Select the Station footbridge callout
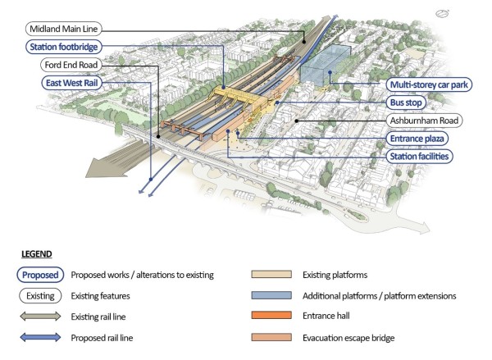pos(63,48)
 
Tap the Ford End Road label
pos(62,65)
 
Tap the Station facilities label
pos(420,155)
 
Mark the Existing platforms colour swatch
pos(275,276)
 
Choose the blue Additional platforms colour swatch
pos(275,295)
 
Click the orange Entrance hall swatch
pos(275,315)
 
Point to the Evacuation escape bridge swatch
pos(275,335)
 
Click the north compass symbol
pos(444,13)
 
